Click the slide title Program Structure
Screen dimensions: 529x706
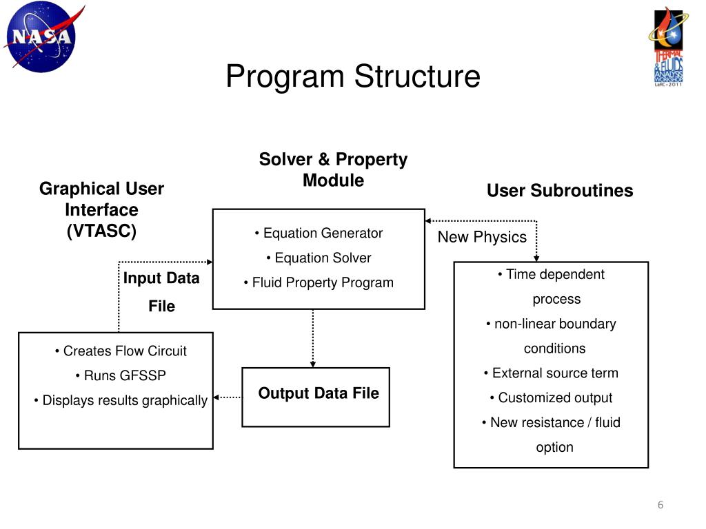tap(352, 76)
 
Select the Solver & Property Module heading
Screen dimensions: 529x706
tap(333, 170)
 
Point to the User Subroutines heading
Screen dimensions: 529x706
tap(559, 191)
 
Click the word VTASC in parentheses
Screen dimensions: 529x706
tap(101, 231)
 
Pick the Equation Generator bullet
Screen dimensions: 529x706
tap(319, 234)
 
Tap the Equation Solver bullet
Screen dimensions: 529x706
tap(319, 258)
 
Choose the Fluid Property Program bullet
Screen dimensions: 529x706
tap(319, 282)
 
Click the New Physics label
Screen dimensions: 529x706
tap(482, 238)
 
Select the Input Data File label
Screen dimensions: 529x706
tap(161, 292)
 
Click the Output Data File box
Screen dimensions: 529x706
tap(316, 396)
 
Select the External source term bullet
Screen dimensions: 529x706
tap(551, 373)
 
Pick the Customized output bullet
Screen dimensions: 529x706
tap(551, 398)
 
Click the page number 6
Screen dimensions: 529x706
tap(660, 506)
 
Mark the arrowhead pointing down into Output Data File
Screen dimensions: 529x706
tap(313, 363)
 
